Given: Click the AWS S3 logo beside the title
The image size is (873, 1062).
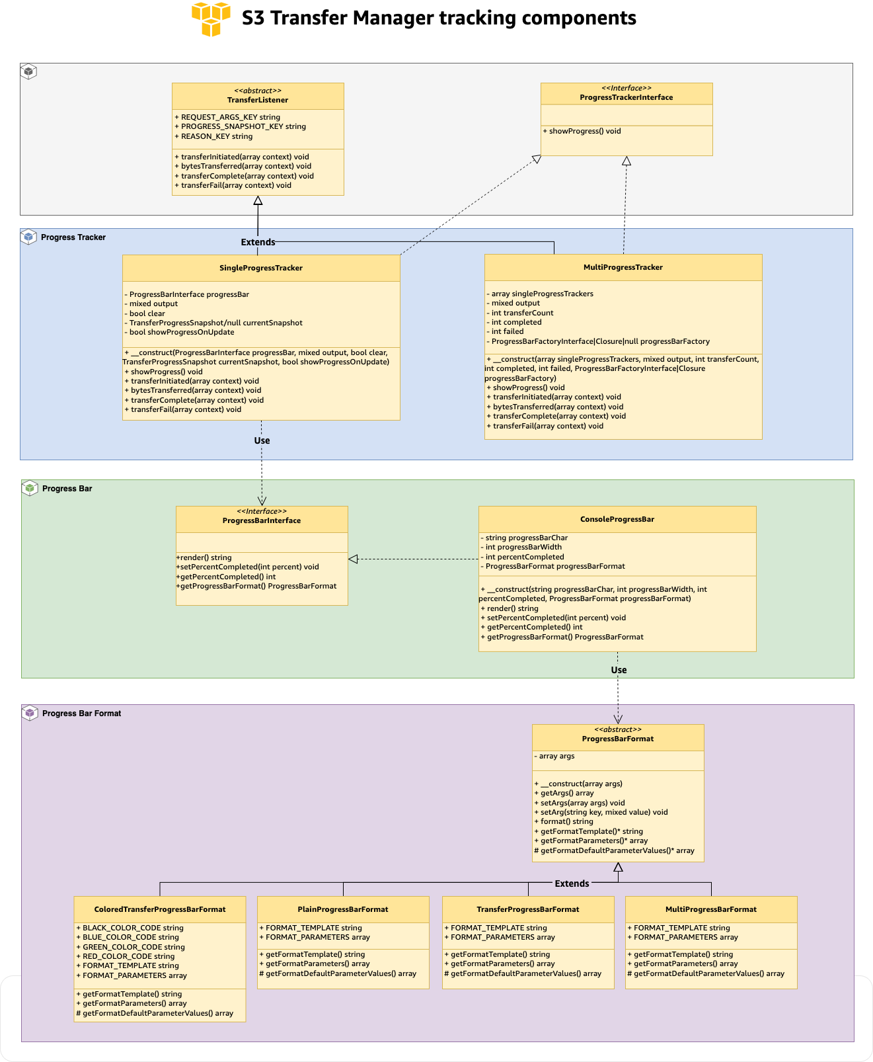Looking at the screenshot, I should pos(211,19).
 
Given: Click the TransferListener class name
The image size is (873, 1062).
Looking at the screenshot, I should pos(258,100).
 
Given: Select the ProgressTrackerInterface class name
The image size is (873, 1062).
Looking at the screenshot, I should pos(626,97).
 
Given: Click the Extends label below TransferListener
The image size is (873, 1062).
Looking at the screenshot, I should pos(258,242).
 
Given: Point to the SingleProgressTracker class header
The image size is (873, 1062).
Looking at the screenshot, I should pos(261,268).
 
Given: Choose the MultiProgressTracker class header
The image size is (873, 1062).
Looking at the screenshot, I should pos(623,267).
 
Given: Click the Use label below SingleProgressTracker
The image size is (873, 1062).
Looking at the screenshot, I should pos(262,440).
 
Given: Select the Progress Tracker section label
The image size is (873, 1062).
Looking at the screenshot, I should pos(73,237).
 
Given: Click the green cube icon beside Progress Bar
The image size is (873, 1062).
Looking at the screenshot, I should pos(29,488).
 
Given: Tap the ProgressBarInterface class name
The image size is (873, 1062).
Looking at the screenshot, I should pos(262,520).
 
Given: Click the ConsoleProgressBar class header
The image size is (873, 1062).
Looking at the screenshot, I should pos(617,519).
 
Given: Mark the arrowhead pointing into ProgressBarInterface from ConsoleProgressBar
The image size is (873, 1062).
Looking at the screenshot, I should pos(353,559).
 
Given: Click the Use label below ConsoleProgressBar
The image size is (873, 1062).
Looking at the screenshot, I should pos(619,670).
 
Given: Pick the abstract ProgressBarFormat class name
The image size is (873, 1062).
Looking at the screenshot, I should pos(617,739).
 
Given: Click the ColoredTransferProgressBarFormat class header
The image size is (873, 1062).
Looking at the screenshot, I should pos(160,909).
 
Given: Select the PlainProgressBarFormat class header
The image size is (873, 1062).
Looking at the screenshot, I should pos(342,909).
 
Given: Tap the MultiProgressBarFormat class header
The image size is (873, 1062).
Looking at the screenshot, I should pos(710,909).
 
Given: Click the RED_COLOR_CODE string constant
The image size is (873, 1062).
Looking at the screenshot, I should pos(128,956).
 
